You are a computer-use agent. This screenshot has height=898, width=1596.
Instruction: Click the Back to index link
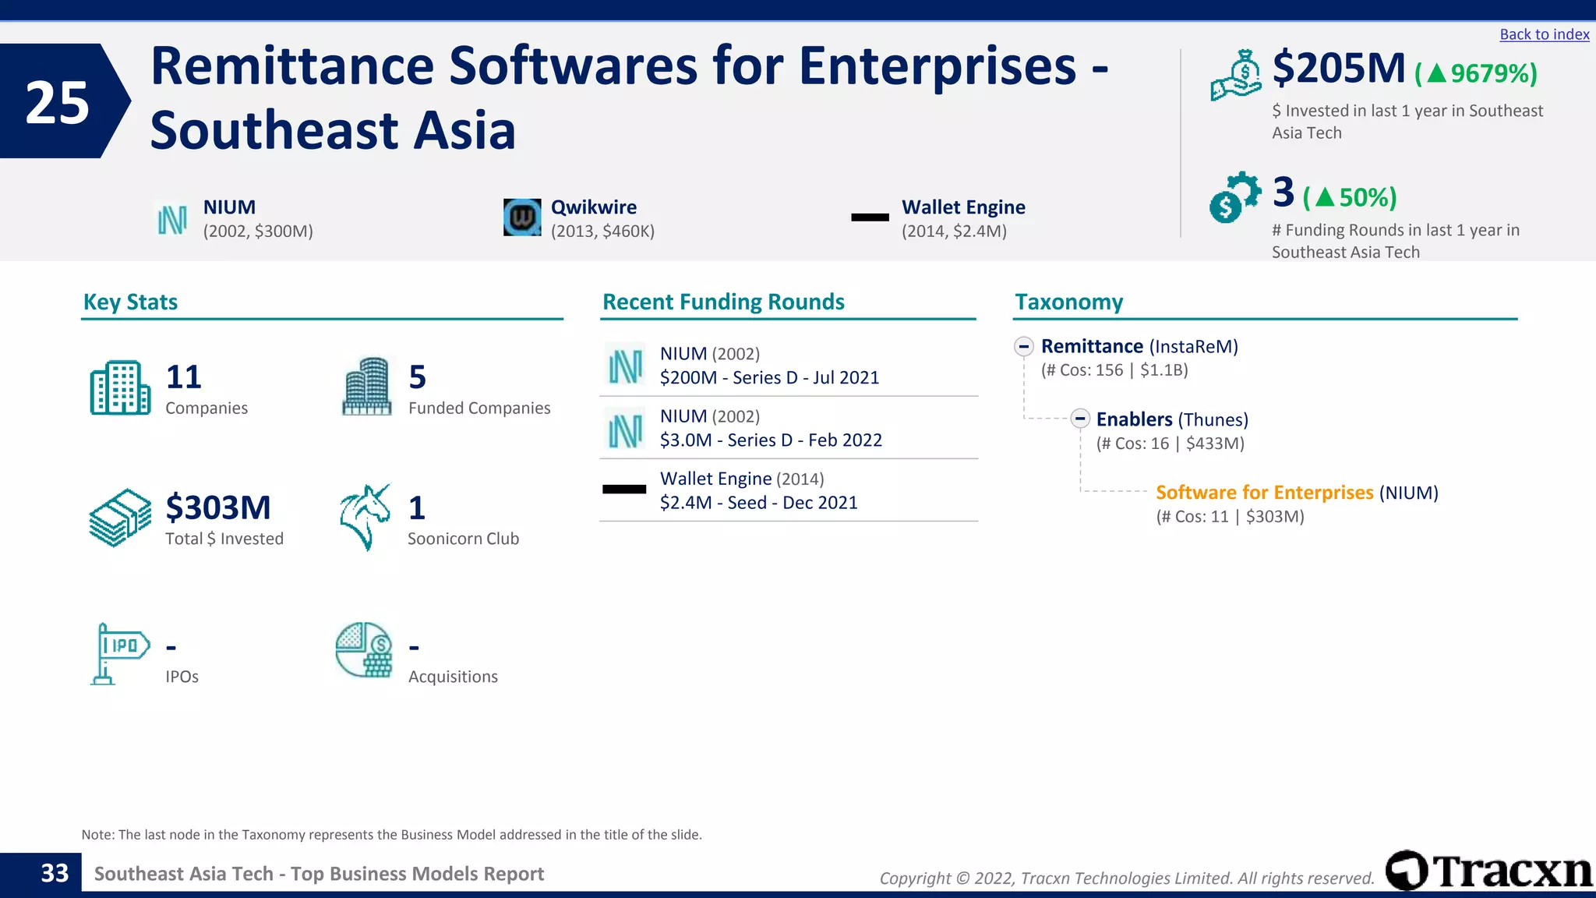(1544, 34)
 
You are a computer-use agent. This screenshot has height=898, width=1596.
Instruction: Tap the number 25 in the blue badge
(57, 103)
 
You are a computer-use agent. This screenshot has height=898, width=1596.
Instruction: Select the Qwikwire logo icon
(521, 217)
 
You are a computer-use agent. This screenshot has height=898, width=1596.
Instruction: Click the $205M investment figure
(1338, 69)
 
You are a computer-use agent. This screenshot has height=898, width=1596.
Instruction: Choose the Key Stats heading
(130, 302)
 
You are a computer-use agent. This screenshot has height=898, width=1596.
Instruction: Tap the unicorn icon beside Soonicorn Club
(365, 517)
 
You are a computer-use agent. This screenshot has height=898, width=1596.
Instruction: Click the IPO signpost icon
(118, 653)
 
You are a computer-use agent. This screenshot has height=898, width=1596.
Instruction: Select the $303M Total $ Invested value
(218, 508)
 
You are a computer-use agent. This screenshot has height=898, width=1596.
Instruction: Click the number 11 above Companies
(184, 377)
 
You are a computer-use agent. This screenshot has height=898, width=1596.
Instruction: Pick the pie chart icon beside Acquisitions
(364, 649)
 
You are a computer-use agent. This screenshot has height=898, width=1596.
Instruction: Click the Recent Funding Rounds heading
(723, 302)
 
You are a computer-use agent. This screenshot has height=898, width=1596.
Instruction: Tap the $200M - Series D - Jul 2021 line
(769, 378)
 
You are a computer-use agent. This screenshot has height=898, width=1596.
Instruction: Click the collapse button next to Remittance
(1024, 346)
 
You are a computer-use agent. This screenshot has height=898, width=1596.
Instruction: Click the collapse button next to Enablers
(1079, 419)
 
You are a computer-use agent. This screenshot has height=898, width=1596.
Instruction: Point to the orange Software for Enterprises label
(1264, 493)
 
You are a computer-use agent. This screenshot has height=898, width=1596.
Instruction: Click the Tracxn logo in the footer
(1488, 870)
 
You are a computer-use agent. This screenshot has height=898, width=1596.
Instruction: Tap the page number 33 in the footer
(55, 874)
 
